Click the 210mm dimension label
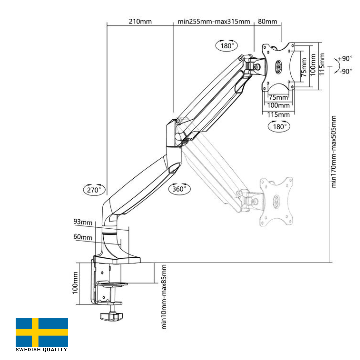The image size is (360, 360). (140, 22)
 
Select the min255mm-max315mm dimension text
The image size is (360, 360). (214, 22)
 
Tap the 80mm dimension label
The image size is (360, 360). (268, 22)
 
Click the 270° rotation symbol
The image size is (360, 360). (94, 190)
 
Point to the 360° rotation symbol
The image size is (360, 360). (180, 189)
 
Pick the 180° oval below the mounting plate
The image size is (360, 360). (279, 126)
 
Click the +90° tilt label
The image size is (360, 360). (345, 59)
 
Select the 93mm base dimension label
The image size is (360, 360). (83, 222)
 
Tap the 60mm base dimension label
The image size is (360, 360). (83, 237)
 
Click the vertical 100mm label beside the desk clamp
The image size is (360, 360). (75, 283)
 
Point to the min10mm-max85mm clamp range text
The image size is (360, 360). (164, 297)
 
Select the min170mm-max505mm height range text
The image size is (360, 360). (334, 152)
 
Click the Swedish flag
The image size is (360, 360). (42, 332)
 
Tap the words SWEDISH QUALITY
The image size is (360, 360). (42, 350)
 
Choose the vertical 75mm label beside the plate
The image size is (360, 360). (304, 68)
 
